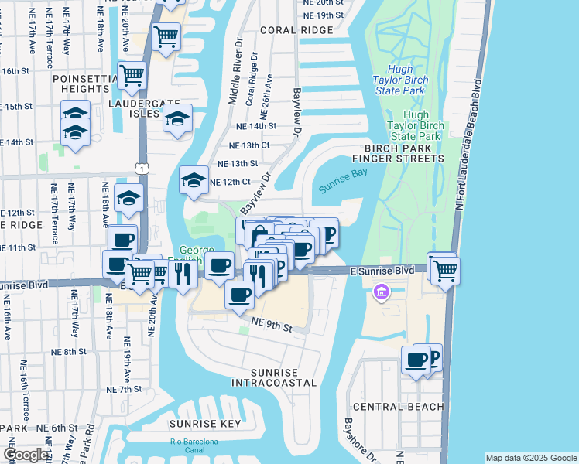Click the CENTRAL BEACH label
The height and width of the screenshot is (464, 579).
398,407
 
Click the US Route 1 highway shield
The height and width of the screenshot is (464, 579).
140,168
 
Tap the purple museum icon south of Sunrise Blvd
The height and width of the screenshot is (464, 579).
381,292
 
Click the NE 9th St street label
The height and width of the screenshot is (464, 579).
269,328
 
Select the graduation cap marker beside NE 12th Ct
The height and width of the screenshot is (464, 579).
194,183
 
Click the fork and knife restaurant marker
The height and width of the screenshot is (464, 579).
183,275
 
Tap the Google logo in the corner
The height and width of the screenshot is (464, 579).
25,455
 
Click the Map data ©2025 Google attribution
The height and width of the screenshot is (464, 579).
530,458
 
